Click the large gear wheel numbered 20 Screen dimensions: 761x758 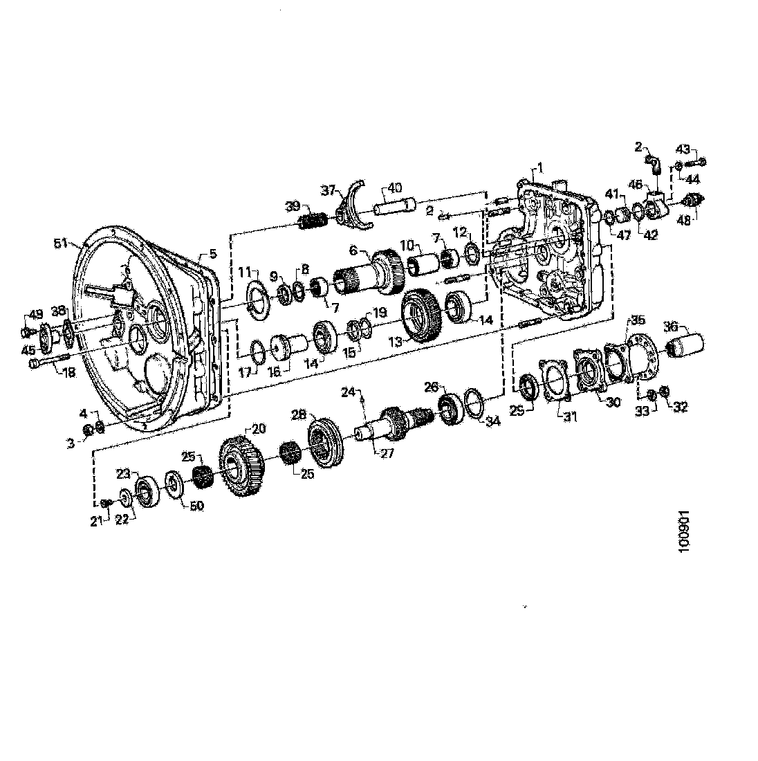(242, 466)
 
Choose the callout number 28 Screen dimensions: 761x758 (298, 415)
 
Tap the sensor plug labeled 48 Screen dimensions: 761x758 (692, 199)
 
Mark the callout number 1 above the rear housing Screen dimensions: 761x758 (540, 168)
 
